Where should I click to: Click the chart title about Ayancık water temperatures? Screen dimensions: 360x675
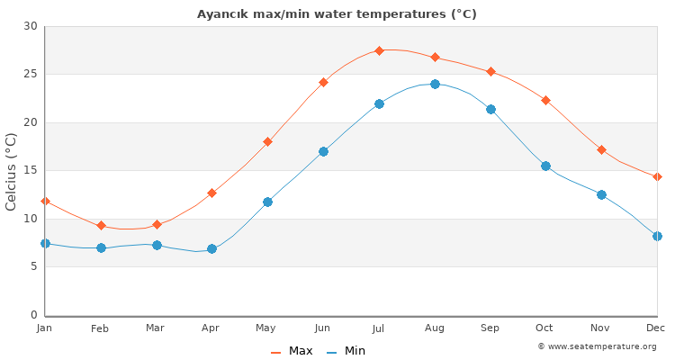[x=337, y=14]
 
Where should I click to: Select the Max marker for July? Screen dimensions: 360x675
[x=379, y=50]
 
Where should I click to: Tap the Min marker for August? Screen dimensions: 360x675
[x=435, y=84]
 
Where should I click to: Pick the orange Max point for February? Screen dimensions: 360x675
[x=101, y=226]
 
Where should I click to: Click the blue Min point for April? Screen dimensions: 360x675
[x=211, y=248]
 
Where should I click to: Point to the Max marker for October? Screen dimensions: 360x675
[x=545, y=100]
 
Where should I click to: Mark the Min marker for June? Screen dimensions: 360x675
[x=323, y=151]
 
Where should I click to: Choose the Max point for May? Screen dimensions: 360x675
[x=267, y=141]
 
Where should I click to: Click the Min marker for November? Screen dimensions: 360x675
[x=601, y=194]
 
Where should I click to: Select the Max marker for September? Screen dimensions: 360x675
[x=490, y=71]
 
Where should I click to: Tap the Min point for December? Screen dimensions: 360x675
[x=657, y=236]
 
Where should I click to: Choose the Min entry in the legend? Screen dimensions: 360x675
[x=346, y=351]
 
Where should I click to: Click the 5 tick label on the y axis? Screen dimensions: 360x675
[x=33, y=267]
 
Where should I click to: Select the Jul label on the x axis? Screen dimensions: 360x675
[x=379, y=328]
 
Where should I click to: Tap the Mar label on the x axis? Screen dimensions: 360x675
[x=156, y=328]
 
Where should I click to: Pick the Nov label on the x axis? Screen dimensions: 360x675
[x=601, y=328]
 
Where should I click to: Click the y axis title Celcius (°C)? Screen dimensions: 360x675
[x=12, y=171]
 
